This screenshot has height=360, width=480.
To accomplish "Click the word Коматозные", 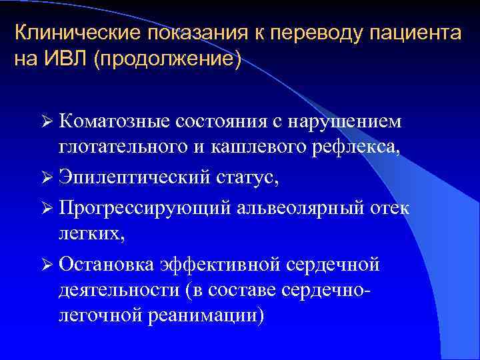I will coord(116,121).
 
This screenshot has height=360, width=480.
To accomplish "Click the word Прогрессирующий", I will coord(145,207).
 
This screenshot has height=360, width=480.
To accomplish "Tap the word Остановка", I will coord(109,264).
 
